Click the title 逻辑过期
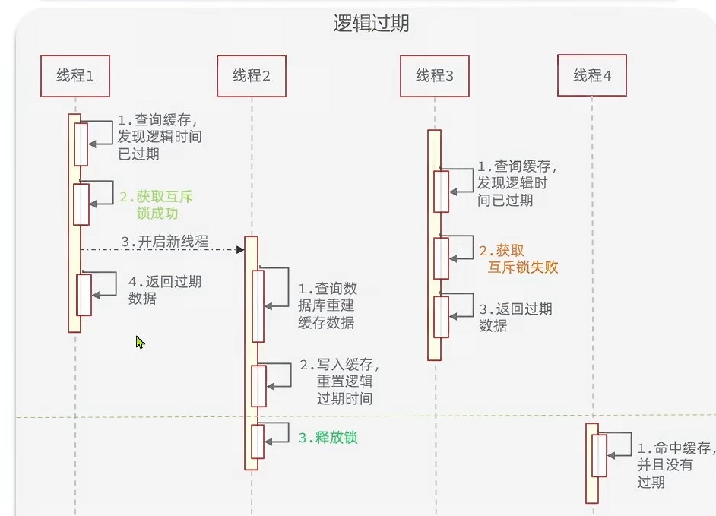pos(371,24)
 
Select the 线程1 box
pos(75,75)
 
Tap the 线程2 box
pos(252,75)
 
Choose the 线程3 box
pos(434,75)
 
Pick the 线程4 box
pos(592,75)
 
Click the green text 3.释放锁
pos(328,438)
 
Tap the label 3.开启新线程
pos(164,242)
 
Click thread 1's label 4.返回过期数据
pos(164,290)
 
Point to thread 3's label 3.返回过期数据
pos(515,317)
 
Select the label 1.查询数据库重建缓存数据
pos(326,305)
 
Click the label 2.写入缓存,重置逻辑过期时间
pos(339,381)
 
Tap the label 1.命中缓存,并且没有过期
pos(675,464)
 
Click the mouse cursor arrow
pos(140,342)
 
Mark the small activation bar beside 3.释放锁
pos(258,442)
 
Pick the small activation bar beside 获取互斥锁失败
pos(442,258)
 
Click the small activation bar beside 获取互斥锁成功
pos(81,204)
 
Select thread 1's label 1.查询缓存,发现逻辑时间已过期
pos(160,137)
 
